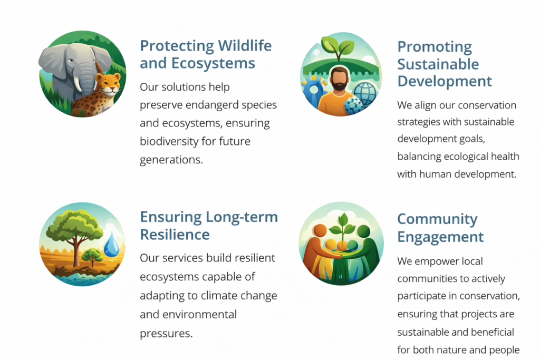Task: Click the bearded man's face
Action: tap(340, 79)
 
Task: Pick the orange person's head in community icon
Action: tap(320, 230)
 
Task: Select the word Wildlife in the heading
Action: tap(245, 46)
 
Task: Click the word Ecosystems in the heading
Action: tap(213, 64)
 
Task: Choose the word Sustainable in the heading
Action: tap(438, 64)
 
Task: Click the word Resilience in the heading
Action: tap(175, 235)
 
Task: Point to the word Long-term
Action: tap(242, 218)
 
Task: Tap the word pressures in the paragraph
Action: tap(166, 334)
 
